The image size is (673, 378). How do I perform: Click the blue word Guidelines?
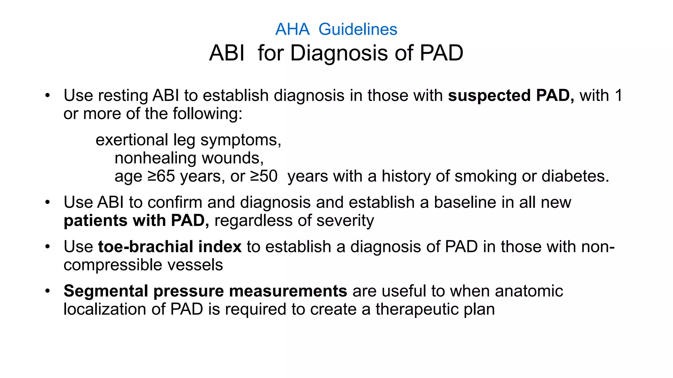pyautogui.click(x=358, y=29)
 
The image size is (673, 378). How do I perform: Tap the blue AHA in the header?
pyautogui.click(x=292, y=29)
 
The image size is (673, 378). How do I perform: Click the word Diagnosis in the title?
pyautogui.click(x=339, y=53)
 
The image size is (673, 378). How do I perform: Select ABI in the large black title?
pyautogui.click(x=227, y=53)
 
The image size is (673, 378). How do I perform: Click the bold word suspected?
pyautogui.click(x=489, y=95)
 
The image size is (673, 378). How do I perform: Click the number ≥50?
pyautogui.click(x=264, y=176)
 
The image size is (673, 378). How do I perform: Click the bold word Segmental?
pyautogui.click(x=106, y=291)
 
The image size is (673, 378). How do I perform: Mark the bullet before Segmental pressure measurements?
pyautogui.click(x=48, y=291)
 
